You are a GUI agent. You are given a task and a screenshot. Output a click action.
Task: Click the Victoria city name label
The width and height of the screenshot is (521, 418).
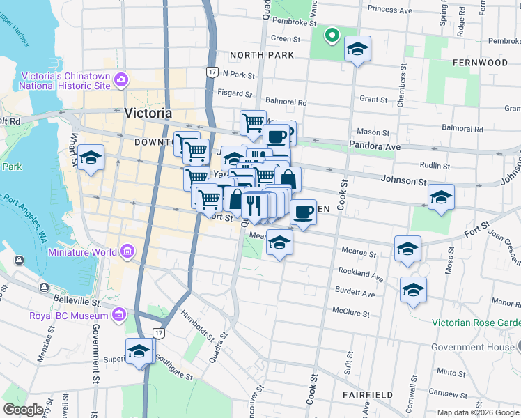tap(148, 113)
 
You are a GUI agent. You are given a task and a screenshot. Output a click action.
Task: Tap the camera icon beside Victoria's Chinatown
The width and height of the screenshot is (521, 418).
tap(121, 79)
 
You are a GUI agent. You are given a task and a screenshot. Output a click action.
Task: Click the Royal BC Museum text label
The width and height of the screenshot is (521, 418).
tap(68, 316)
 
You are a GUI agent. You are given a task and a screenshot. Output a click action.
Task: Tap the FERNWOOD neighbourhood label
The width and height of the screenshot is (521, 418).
tap(480, 63)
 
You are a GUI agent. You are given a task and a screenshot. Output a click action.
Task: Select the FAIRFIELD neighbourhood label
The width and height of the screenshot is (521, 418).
tap(368, 394)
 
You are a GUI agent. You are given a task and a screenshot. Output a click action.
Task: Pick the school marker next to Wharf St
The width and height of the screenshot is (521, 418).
tap(91, 159)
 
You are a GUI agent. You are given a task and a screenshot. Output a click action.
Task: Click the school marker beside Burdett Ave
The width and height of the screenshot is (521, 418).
tap(413, 290)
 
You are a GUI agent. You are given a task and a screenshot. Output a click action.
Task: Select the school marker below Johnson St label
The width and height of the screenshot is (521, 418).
tap(441, 198)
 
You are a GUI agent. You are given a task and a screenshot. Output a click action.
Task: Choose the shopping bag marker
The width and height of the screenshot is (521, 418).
tap(288, 180)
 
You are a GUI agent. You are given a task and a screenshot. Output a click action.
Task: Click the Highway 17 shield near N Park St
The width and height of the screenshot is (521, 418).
tap(212, 71)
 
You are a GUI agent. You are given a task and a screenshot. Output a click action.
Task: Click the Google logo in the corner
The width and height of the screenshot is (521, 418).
tap(23, 410)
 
